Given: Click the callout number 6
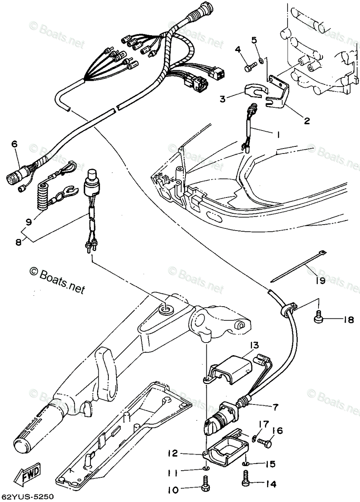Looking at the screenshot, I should tap(15, 144).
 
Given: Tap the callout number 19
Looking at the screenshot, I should tap(320, 281).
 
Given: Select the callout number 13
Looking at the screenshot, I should tap(255, 345).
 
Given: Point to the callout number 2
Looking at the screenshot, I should tap(307, 121).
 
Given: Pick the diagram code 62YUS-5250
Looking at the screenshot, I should tap(28, 497).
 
